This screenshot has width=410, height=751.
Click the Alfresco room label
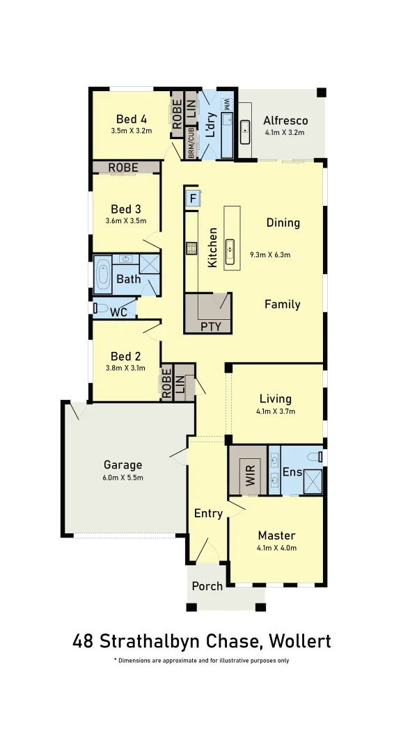(285, 120)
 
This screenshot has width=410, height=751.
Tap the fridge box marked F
(193, 200)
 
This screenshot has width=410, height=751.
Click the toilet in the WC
(98, 308)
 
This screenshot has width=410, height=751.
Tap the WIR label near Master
(250, 478)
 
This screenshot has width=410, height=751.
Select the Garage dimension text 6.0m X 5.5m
(123, 479)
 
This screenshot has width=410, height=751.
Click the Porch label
(207, 586)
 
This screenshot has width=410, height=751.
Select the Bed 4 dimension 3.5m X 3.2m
(131, 130)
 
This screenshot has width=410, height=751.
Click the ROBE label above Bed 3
(123, 168)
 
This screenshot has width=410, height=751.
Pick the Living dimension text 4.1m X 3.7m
(276, 411)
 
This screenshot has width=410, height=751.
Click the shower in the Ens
(312, 481)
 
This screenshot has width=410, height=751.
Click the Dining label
(283, 223)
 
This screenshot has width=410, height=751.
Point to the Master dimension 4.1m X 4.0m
(276, 548)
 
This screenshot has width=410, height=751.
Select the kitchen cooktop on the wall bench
(190, 248)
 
